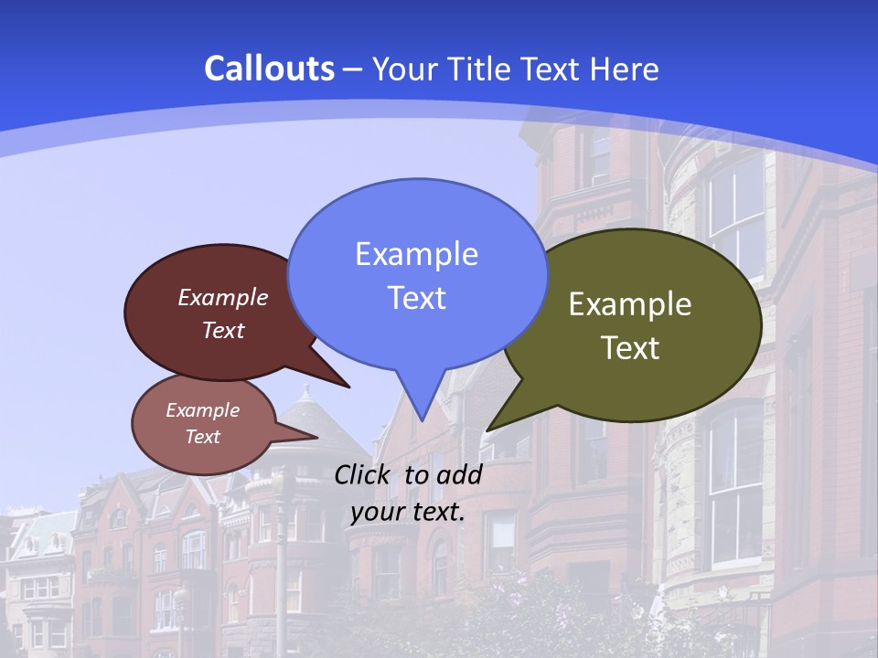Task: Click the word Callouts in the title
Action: [269, 69]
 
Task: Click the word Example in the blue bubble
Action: [416, 254]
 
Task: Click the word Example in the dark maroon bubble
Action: [223, 297]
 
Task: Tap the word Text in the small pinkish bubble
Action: [202, 437]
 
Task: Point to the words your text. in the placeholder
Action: [407, 512]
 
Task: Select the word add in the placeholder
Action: [458, 474]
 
